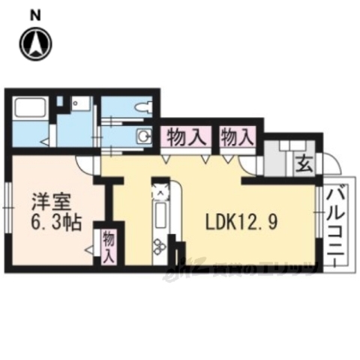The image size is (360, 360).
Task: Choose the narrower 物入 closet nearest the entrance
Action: (237, 137)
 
